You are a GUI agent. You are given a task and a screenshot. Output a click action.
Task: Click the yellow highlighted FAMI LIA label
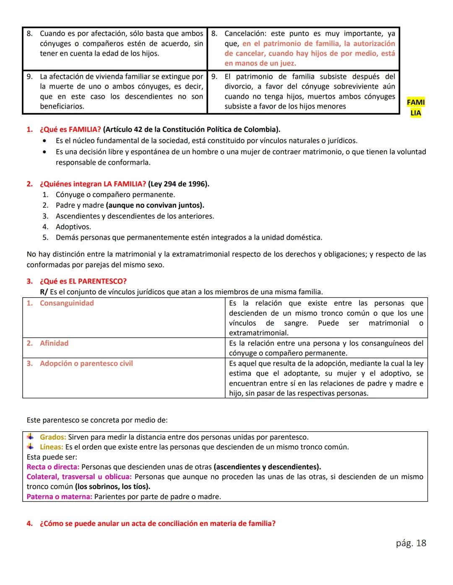coord(415,108)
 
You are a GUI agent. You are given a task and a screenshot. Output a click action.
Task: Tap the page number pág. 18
coord(411,543)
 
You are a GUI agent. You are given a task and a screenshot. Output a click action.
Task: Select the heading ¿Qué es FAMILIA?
coord(70,129)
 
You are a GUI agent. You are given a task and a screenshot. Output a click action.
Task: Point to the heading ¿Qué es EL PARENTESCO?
coord(83,281)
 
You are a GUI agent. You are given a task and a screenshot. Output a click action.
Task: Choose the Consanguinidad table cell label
coord(67,303)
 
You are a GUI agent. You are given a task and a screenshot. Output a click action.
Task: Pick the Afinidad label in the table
coord(54,343)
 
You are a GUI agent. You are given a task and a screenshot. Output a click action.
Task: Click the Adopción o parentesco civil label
coord(86,363)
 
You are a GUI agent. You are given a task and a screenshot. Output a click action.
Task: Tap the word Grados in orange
coord(52,437)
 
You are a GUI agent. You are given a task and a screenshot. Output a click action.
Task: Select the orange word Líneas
coord(51,447)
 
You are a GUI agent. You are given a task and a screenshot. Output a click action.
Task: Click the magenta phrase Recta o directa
coord(53,467)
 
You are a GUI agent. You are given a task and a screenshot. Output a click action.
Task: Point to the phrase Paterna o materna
coord(59,497)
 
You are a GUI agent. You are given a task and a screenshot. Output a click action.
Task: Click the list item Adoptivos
coord(73,227)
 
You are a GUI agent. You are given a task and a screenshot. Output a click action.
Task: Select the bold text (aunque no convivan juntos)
coord(155,206)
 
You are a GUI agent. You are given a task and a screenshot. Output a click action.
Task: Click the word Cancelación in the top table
coord(245,34)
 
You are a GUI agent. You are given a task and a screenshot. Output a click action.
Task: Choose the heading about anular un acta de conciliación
coord(157,524)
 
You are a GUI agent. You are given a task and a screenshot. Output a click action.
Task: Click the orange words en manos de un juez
coord(260,64)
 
